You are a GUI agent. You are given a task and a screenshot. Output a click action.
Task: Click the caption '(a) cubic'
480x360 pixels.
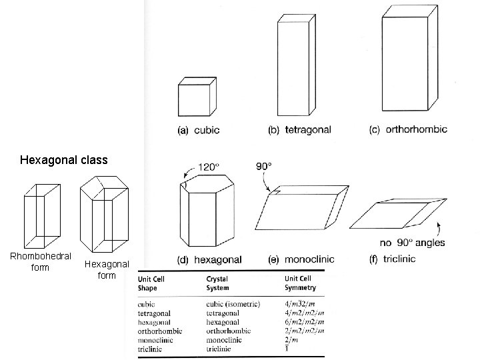pyautogui.click(x=198, y=130)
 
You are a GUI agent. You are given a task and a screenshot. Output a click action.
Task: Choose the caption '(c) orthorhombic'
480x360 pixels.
pyautogui.click(x=407, y=129)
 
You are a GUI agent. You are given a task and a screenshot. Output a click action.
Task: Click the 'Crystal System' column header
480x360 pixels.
pyautogui.click(x=218, y=284)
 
